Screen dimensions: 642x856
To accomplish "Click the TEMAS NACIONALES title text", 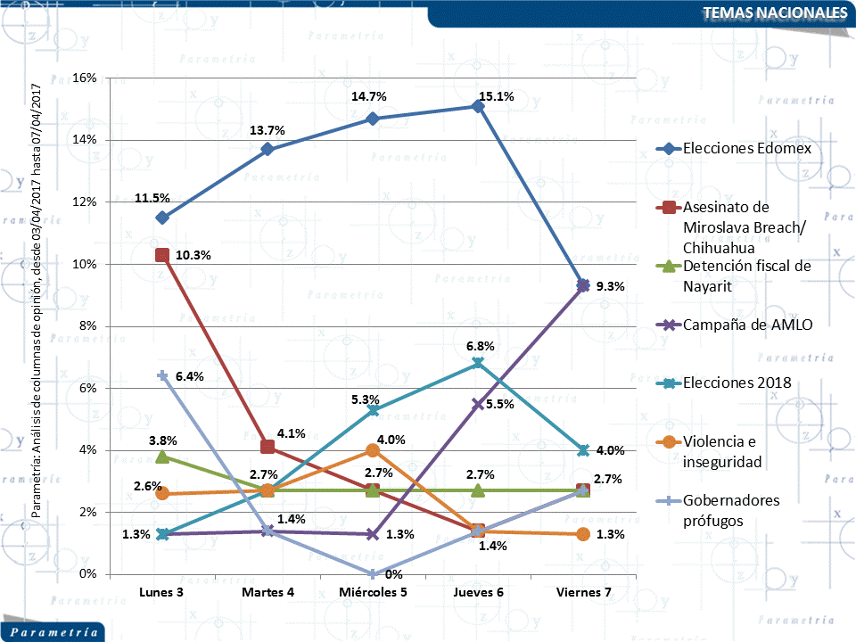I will [774, 12].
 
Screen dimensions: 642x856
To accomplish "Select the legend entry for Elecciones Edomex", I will [746, 148].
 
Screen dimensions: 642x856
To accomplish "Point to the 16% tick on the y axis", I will [86, 78].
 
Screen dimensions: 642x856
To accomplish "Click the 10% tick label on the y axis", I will [86, 264].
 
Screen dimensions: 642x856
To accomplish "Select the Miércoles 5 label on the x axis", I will [373, 593].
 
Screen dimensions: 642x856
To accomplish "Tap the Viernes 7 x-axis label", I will [583, 593].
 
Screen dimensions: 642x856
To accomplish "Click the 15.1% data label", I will [496, 97].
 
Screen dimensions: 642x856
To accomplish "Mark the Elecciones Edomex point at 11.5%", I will [162, 218].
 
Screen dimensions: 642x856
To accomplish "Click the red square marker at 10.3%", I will [162, 255].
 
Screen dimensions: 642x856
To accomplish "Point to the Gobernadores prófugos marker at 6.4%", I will [162, 375].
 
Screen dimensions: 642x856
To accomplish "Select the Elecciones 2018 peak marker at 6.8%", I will [478, 363].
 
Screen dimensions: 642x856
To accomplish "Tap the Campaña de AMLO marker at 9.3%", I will [583, 285].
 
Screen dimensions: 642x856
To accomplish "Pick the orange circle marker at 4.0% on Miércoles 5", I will [373, 450].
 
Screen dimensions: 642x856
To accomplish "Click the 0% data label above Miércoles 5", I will [393, 574].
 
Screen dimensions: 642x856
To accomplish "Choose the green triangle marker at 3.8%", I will [162, 457].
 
